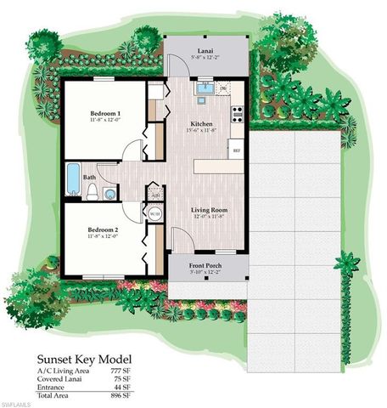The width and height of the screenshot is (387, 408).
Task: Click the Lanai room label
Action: pyautogui.click(x=206, y=50)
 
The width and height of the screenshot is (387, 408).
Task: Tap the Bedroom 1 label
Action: pyautogui.click(x=106, y=113)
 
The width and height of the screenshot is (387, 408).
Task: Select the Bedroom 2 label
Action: pyautogui.click(x=106, y=230)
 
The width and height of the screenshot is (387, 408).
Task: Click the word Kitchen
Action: pyautogui.click(x=202, y=124)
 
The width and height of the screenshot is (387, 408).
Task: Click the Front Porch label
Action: pyautogui.click(x=207, y=266)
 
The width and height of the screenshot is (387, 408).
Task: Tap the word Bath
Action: pyautogui.click(x=89, y=178)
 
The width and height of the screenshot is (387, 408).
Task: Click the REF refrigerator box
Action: pyautogui.click(x=238, y=147)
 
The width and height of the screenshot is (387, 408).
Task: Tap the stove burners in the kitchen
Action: pyautogui.click(x=237, y=109)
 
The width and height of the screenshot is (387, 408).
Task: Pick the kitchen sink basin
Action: pyautogui.click(x=205, y=88)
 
